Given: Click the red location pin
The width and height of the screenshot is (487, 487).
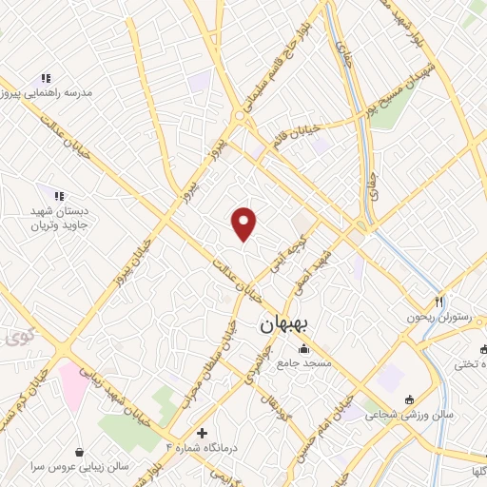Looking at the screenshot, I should click(x=244, y=224).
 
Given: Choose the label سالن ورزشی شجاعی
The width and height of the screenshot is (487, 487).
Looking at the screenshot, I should click(x=415, y=415).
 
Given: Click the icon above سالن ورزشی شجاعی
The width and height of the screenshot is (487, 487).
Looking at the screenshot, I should click(x=409, y=399).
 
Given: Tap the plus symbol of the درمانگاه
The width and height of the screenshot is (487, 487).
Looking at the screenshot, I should click(x=200, y=432).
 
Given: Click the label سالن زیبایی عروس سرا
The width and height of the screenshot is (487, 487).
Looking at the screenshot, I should click(x=86, y=469).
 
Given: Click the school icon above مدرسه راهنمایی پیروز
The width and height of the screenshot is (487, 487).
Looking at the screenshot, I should click(x=45, y=78).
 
